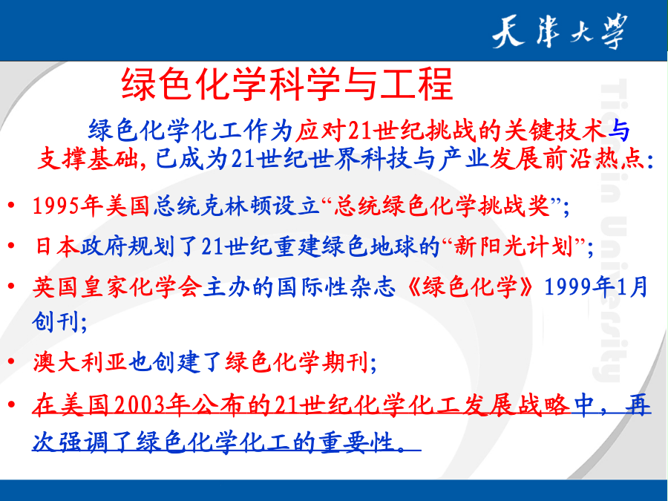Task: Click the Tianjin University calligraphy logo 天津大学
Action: tap(560, 31)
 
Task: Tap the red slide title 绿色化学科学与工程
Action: tap(287, 84)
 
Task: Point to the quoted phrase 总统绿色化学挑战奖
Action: tap(441, 206)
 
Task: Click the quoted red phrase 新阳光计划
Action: tap(513, 246)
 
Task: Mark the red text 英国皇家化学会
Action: tap(117, 286)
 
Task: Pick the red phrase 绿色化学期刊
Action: tap(295, 362)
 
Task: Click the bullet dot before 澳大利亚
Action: tap(11, 362)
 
